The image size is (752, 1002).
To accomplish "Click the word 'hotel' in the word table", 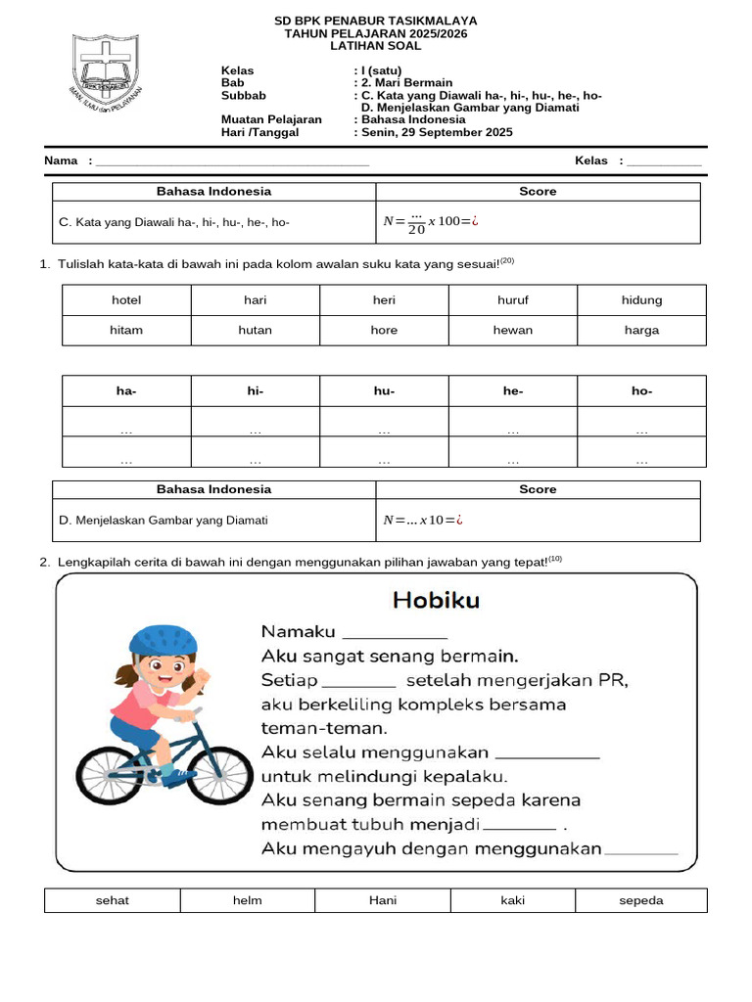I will pyautogui.click(x=126, y=300).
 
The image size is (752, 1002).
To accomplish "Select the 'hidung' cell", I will pyautogui.click(x=641, y=300).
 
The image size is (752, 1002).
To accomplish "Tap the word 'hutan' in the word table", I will pyautogui.click(x=255, y=330).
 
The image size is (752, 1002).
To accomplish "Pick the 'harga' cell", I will pyautogui.click(x=641, y=330).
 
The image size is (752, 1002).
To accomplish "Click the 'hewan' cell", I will pyautogui.click(x=513, y=330).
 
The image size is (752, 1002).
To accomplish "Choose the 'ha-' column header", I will pyautogui.click(x=126, y=391).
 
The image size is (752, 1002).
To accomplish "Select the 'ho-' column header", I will pyautogui.click(x=641, y=391).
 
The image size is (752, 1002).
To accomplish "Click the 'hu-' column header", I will pyautogui.click(x=384, y=391).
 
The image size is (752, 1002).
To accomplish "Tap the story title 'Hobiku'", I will pyautogui.click(x=436, y=599).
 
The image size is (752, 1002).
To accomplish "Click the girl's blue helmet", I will pyautogui.click(x=164, y=640).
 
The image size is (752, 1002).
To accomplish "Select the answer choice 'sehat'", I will pyautogui.click(x=113, y=900).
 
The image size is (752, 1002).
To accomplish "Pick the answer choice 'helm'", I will pyautogui.click(x=248, y=900).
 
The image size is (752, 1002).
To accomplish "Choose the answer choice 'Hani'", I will pyautogui.click(x=383, y=900).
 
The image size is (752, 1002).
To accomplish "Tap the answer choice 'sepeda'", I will pyautogui.click(x=641, y=900).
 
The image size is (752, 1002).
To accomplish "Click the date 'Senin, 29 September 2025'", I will pyautogui.click(x=436, y=132).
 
